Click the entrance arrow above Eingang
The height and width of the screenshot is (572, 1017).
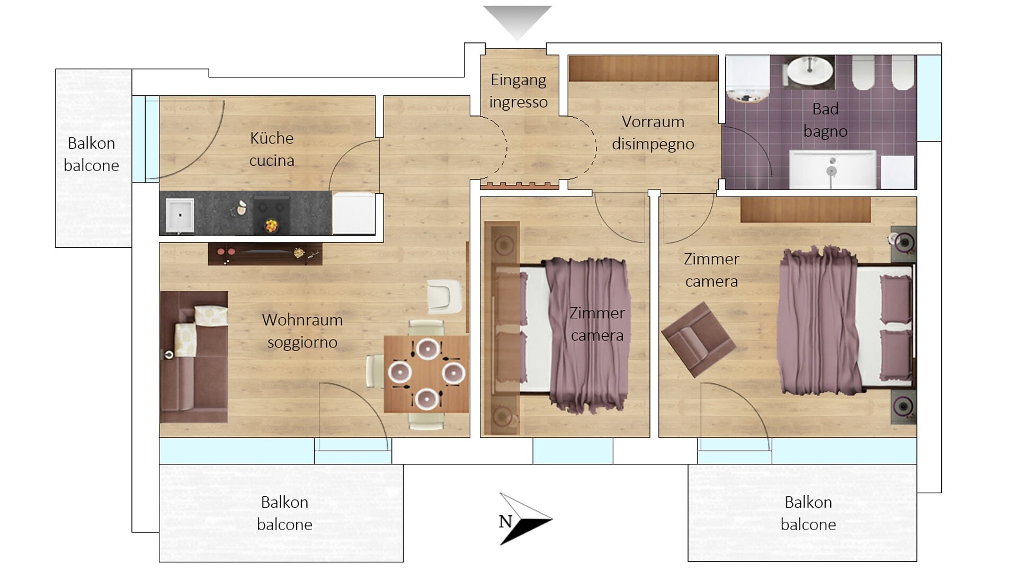tap(517, 20)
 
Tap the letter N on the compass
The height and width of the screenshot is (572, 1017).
tap(505, 522)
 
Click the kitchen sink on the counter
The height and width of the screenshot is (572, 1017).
tap(180, 215)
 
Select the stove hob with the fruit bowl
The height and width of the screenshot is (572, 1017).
tap(271, 215)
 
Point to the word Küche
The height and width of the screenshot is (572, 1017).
tap(271, 138)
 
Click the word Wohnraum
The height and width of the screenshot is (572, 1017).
tap(302, 320)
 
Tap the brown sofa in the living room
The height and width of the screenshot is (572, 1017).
tap(193, 358)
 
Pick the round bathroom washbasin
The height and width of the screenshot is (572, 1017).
tap(809, 71)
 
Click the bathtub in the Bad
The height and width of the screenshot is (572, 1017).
tap(832, 170)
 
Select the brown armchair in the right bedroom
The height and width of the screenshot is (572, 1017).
tap(698, 339)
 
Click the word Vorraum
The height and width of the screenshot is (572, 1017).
tap(653, 122)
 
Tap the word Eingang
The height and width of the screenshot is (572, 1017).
tap(518, 80)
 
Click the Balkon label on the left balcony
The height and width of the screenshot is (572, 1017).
tap(91, 144)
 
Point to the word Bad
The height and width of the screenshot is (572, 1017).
tap(825, 109)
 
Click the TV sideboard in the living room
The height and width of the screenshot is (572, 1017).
tap(264, 254)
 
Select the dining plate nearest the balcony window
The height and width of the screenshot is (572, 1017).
tap(426, 398)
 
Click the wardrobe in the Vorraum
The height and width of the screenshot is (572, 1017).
tap(643, 69)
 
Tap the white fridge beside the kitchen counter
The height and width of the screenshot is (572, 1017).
tap(353, 213)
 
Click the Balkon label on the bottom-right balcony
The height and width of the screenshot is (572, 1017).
tap(808, 502)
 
